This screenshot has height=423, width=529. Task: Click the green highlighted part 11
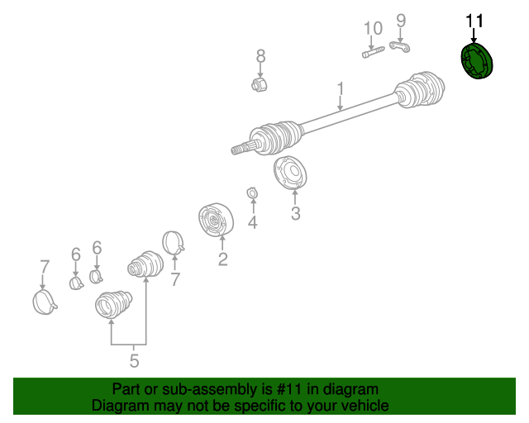click(x=477, y=61)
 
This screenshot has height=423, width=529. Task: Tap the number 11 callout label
click(x=474, y=21)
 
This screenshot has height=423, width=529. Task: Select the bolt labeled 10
click(x=373, y=52)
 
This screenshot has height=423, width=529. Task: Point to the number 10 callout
click(x=374, y=28)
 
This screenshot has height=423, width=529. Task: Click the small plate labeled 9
click(x=400, y=46)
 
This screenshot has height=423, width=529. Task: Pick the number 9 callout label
click(x=401, y=21)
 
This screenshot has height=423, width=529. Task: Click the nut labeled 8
click(x=260, y=83)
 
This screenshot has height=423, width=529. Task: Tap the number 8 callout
click(x=261, y=56)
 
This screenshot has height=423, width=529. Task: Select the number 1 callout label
click(x=341, y=88)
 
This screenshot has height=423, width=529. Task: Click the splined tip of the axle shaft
click(x=241, y=149)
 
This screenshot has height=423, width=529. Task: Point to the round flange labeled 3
click(x=290, y=173)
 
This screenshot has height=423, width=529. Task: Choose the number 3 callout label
click(x=296, y=213)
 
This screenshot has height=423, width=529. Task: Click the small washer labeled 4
click(x=252, y=193)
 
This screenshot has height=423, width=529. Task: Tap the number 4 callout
click(x=253, y=222)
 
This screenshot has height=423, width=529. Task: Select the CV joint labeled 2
click(x=216, y=220)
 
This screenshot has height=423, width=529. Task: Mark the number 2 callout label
click(x=222, y=259)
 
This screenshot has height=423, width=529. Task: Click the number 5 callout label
click(x=134, y=361)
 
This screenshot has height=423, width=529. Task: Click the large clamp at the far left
click(x=44, y=302)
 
